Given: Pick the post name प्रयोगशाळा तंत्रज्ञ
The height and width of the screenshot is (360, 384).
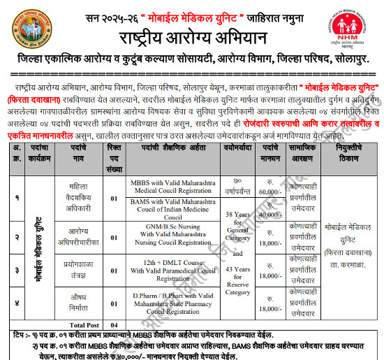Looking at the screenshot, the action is tap(77, 268).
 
